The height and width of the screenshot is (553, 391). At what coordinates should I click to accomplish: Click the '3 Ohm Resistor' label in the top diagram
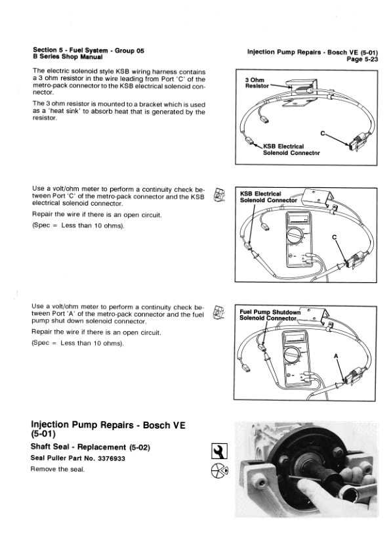[x=257, y=83]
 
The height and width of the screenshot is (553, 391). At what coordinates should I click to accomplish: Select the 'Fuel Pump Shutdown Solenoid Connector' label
[x=270, y=315]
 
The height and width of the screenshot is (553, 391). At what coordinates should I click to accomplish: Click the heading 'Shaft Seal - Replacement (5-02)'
[x=91, y=447]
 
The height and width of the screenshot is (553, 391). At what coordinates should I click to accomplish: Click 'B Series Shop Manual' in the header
[x=63, y=57]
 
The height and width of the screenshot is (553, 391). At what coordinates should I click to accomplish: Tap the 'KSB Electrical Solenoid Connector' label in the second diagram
[x=265, y=197]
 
